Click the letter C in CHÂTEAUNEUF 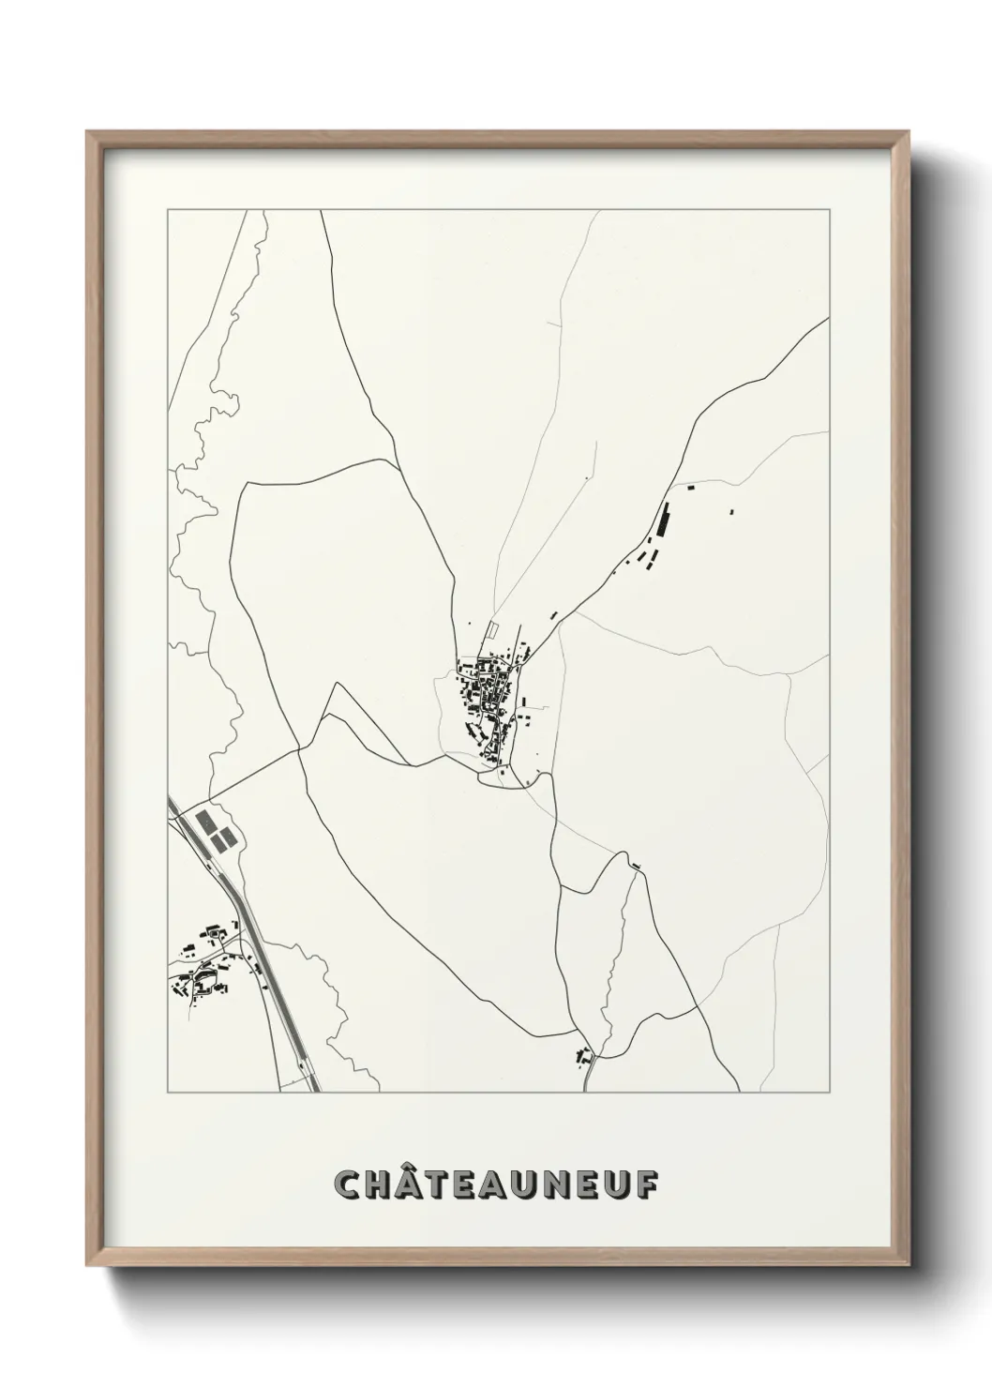tap(349, 1184)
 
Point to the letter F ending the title tap(646, 1184)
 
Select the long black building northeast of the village tap(665, 519)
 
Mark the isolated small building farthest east tap(731, 512)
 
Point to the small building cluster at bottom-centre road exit tap(585, 1057)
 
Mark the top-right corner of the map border tap(829, 210)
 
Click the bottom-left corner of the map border tap(168, 1093)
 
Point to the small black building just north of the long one tap(691, 488)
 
